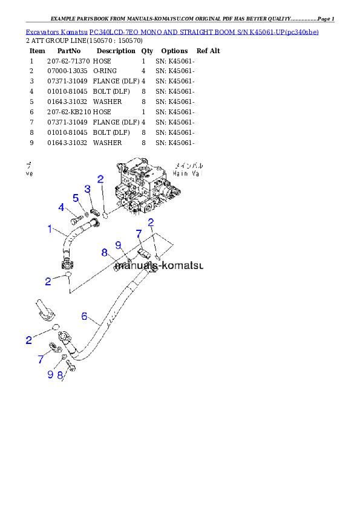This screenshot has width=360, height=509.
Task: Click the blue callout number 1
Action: [x=51, y=229]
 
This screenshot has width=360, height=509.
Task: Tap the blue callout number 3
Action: [x=87, y=189]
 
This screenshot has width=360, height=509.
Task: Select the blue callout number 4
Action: [x=61, y=207]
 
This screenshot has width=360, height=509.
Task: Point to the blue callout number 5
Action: [x=76, y=198]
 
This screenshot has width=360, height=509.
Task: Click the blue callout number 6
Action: [x=85, y=316]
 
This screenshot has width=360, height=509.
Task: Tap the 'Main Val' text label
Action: [x=189, y=173]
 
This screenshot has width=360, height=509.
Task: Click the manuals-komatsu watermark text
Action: [x=159, y=265]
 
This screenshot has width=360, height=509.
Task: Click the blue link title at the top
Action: [x=172, y=31]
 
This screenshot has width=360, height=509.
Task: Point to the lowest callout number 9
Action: [x=50, y=375]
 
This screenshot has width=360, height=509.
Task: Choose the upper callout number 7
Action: [x=139, y=233]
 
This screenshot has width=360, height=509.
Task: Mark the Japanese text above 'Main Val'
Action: [x=190, y=164]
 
